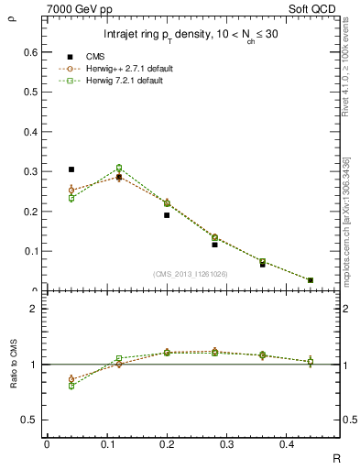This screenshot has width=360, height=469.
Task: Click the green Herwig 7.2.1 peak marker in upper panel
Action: (x=118, y=168)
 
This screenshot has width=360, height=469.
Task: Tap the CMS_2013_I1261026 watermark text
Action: (x=191, y=273)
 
